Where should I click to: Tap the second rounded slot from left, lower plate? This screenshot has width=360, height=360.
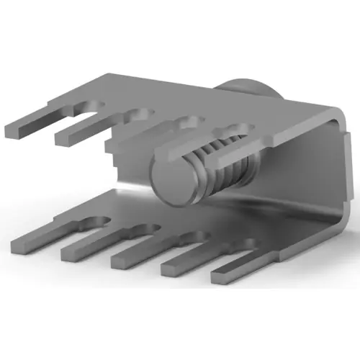click(x=144, y=231)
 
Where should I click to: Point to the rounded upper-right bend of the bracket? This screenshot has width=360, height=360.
click(x=333, y=112)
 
